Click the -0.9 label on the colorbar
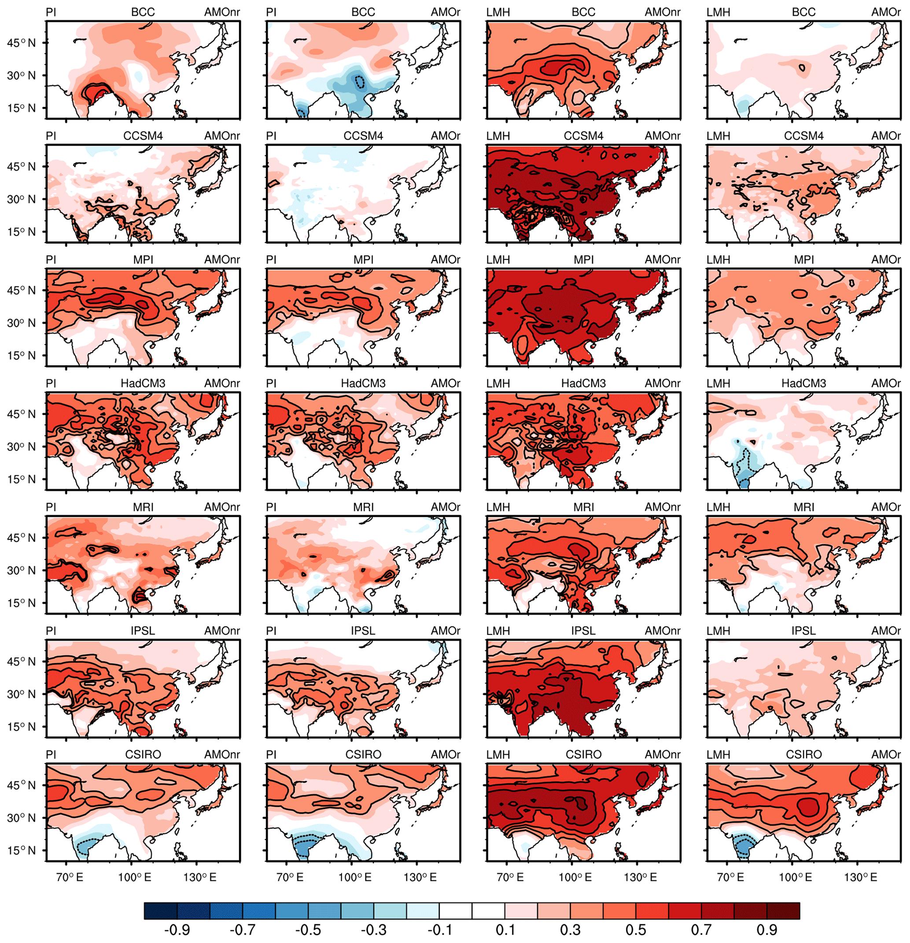click(177, 929)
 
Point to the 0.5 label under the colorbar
click(636, 929)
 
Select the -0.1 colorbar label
click(438, 929)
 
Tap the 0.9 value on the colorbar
click(766, 929)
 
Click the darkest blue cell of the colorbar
click(160, 911)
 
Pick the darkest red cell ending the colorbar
click(783, 911)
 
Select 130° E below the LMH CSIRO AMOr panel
click(860, 877)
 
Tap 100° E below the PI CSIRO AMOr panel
click(355, 877)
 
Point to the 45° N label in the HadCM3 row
click(21, 414)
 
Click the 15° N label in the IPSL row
click(21, 727)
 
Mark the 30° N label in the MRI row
click(21, 571)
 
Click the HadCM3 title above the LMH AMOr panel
click(803, 383)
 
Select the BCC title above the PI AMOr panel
click(363, 12)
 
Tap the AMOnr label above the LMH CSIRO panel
click(663, 754)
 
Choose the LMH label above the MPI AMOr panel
click(718, 260)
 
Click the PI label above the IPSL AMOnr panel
click(51, 631)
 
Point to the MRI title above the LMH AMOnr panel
click(584, 507)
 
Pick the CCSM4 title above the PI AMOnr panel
click(143, 136)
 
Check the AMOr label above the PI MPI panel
click(446, 260)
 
